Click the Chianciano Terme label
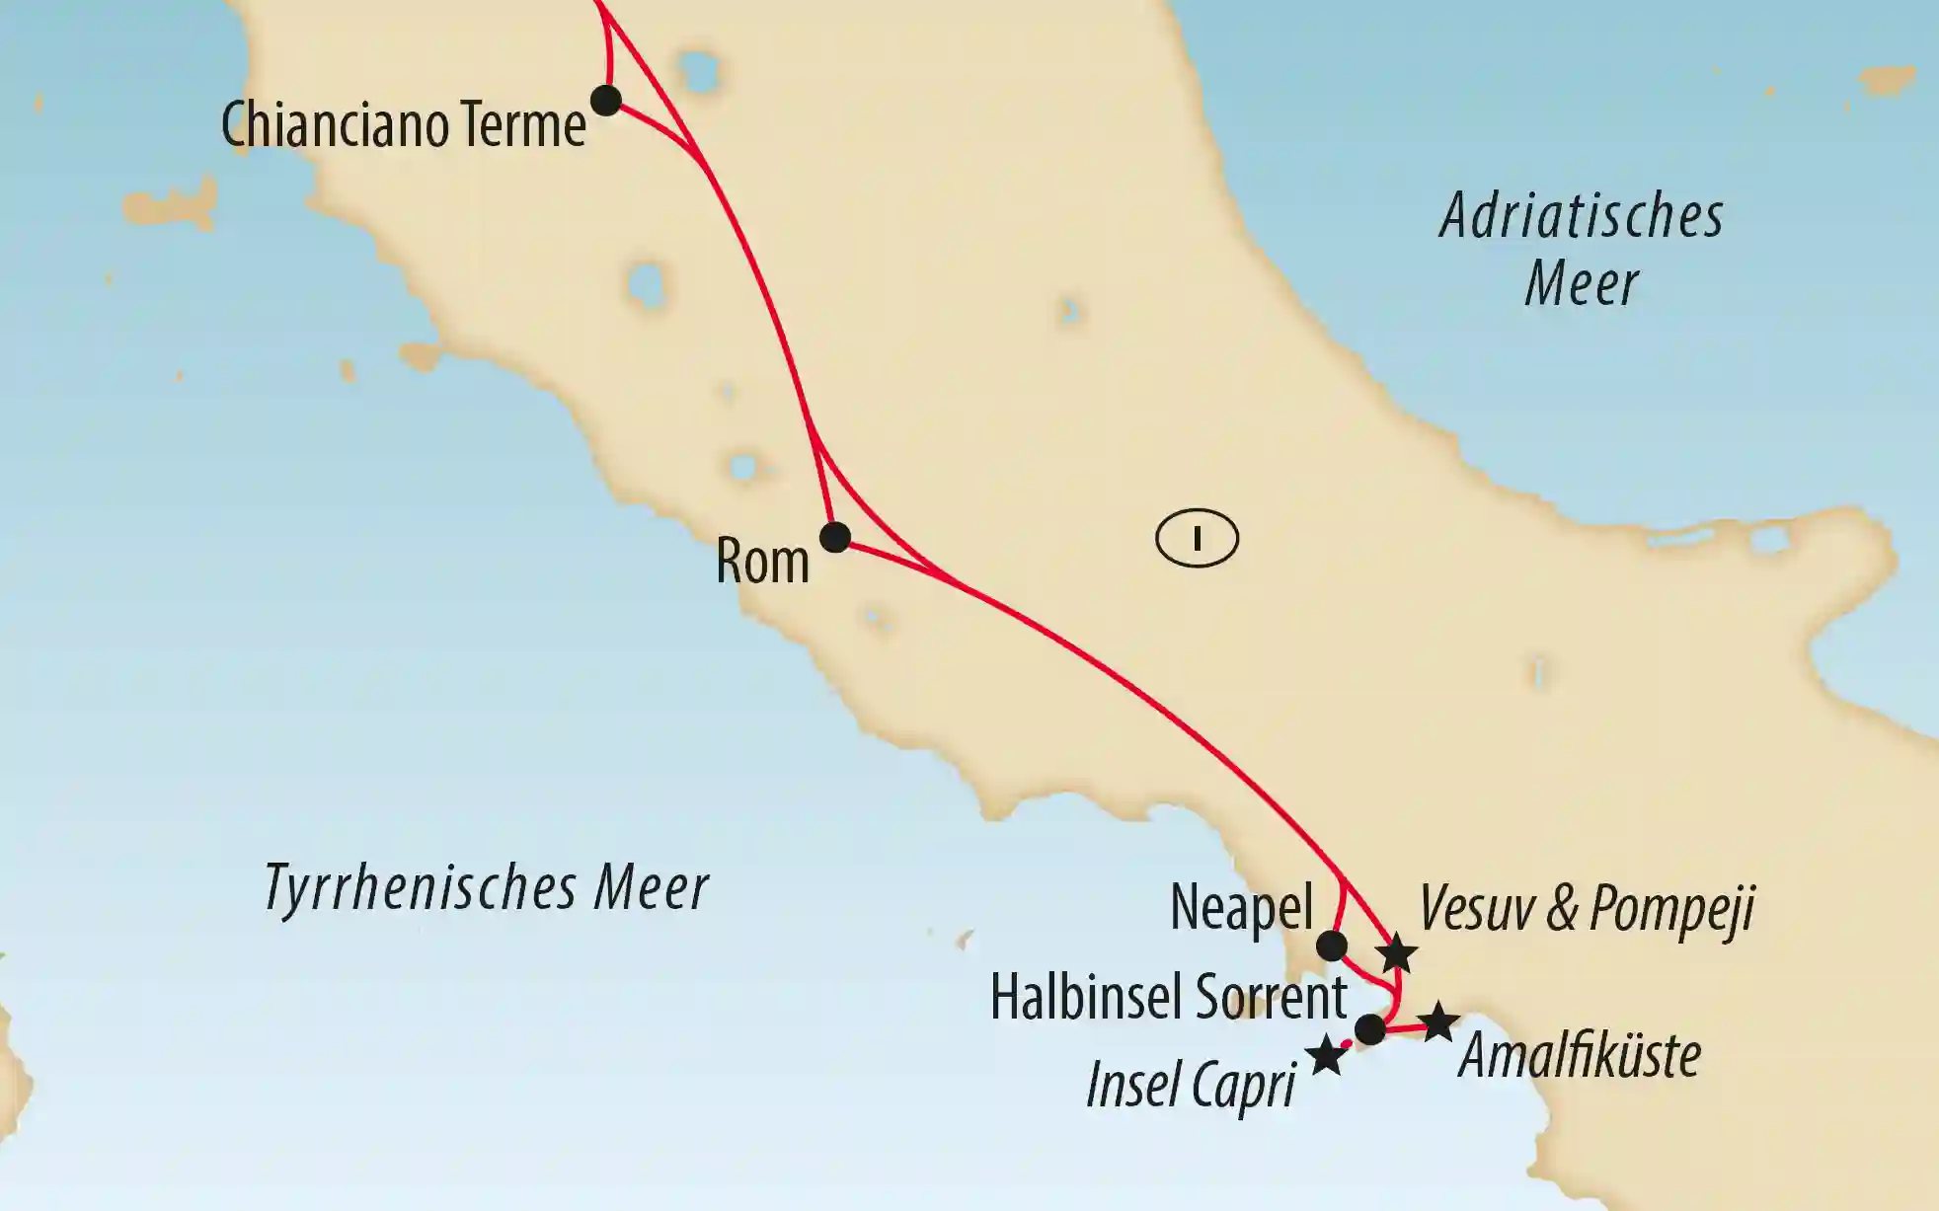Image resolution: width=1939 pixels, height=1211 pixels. tap(403, 126)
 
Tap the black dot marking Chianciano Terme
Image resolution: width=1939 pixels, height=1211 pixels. tap(605, 100)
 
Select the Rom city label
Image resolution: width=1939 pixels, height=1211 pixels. tap(762, 562)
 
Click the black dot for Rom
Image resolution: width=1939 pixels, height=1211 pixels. tap(835, 537)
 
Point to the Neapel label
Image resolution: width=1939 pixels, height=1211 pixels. tap(1241, 907)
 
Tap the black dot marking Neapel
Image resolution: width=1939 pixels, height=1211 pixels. tap(1332, 946)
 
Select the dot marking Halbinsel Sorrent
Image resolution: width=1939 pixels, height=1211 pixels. tap(1370, 1029)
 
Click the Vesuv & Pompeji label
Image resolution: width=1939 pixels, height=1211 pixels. tap(1587, 908)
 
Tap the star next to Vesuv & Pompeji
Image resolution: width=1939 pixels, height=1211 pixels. tap(1398, 954)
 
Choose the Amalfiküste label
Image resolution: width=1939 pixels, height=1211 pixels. tap(1580, 1056)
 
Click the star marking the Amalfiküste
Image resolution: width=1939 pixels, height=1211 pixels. tap(1438, 1022)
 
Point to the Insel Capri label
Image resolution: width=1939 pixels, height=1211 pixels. tap(1191, 1087)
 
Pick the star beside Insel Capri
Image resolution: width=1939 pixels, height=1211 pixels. tap(1326, 1056)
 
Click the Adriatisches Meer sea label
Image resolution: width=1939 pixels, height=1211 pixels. tap(1582, 250)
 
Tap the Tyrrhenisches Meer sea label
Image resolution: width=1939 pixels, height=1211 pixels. tap(486, 887)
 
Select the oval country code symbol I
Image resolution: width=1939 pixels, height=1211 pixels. tap(1197, 539)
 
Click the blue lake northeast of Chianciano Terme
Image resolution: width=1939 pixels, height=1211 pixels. tap(699, 72)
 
